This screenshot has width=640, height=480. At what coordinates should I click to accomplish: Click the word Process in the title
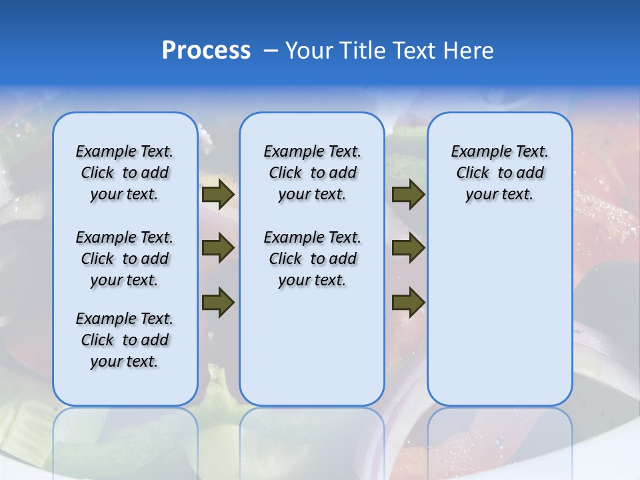206,51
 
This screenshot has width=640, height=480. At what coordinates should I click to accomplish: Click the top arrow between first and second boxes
218,195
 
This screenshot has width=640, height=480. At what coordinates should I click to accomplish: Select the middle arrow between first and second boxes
218,248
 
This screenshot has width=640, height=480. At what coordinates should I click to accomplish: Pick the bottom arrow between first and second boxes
218,302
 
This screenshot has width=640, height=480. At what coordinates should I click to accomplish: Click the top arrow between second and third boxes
408,195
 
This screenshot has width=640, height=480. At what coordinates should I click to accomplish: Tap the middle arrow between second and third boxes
408,248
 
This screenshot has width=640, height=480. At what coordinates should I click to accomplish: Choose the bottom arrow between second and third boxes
408,302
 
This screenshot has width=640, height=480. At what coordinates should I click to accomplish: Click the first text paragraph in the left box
125,173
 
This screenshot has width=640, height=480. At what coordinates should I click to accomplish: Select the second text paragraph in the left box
125,259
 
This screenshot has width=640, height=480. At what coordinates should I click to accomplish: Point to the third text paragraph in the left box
125,340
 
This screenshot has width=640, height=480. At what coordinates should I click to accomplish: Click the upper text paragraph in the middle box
312,173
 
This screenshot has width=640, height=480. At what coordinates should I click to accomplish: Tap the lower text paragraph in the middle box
312,259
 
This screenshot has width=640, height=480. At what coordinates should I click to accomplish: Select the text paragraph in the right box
499,173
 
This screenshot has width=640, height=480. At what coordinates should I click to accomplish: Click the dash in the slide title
271,51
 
